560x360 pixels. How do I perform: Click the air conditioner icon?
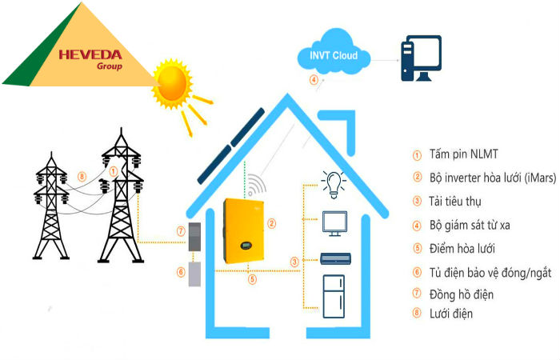pyautogui.click(x=334, y=258)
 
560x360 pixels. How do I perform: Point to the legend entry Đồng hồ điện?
pyautogui.click(x=459, y=294)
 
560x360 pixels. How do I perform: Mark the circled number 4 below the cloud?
pyautogui.click(x=314, y=81)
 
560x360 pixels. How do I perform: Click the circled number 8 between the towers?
pyautogui.click(x=82, y=177)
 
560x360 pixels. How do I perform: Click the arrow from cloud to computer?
pyautogui.click(x=386, y=56)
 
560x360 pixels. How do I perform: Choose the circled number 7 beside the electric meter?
pyautogui.click(x=181, y=232)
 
